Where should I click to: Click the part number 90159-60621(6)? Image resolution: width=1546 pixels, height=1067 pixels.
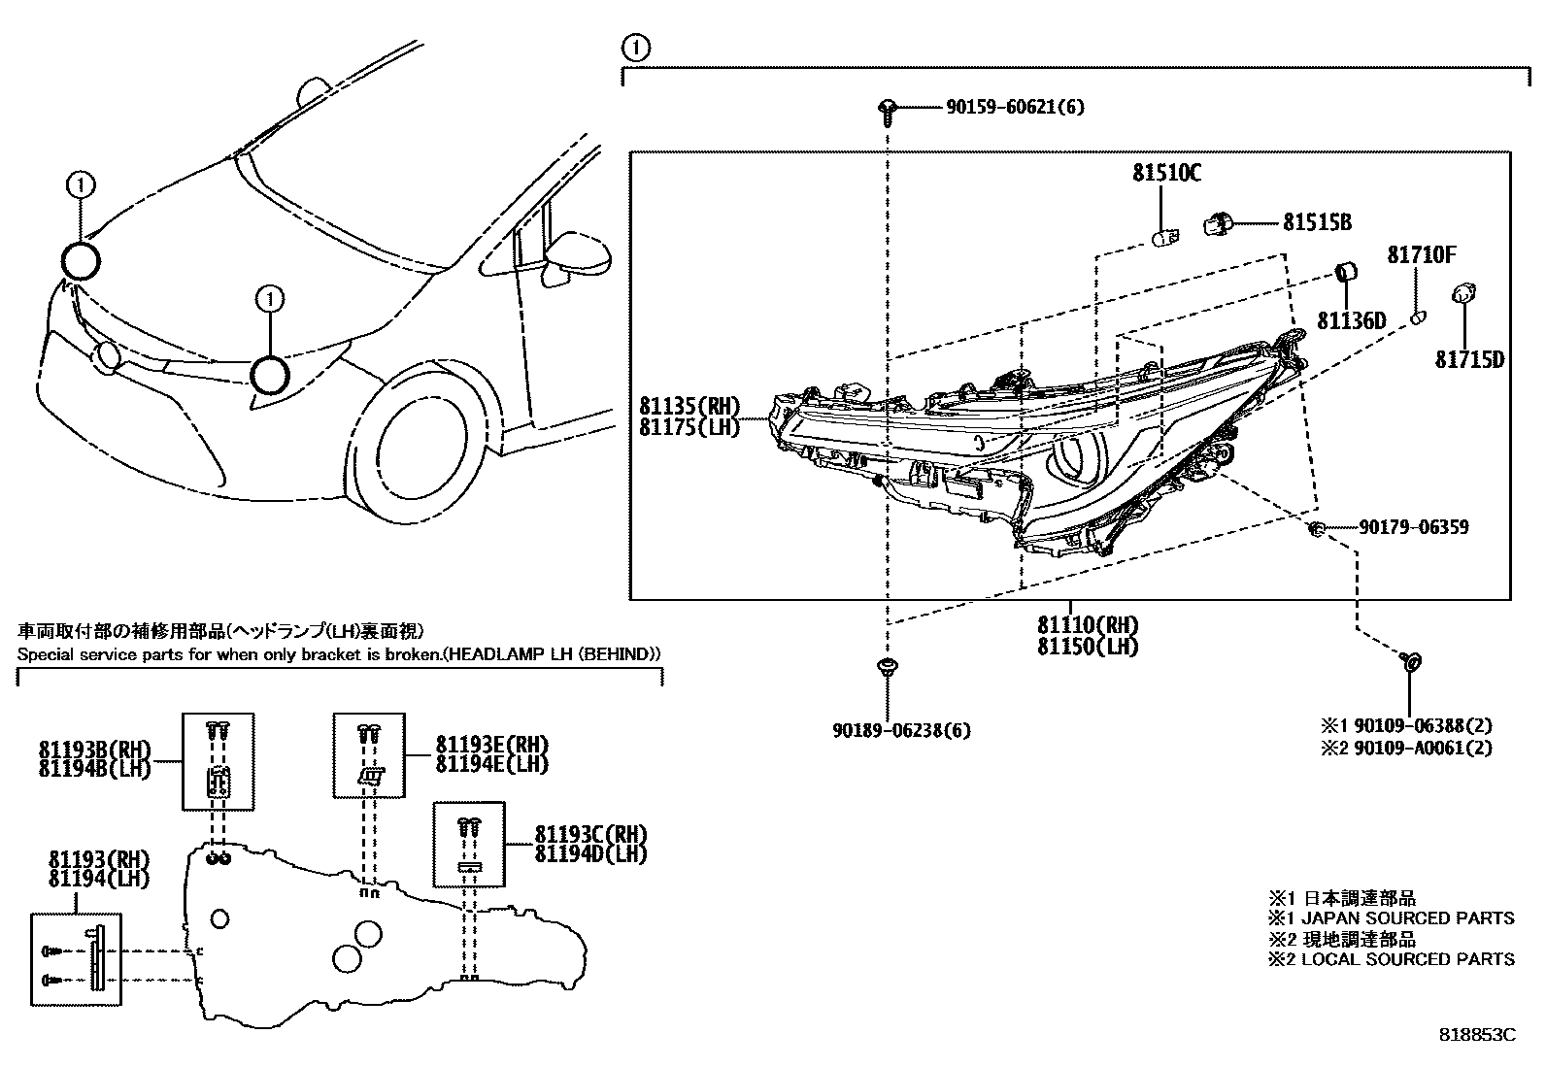[x=1015, y=107]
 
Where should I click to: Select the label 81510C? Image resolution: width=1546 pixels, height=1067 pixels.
[x=1165, y=174]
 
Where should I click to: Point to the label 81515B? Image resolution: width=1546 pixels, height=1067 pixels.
[x=1317, y=223]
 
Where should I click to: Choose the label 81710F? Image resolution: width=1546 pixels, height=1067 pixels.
[x=1421, y=255]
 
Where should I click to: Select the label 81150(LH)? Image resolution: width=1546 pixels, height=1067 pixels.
[x=1087, y=646]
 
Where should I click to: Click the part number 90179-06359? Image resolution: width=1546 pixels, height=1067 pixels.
[x=1413, y=527]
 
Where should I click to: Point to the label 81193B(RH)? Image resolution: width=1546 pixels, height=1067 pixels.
[x=95, y=750]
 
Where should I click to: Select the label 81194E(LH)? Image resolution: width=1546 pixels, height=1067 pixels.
[x=491, y=764]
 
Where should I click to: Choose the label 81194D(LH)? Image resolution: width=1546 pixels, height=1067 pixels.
[x=590, y=853]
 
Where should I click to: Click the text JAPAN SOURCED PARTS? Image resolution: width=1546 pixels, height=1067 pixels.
[x=1407, y=917]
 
